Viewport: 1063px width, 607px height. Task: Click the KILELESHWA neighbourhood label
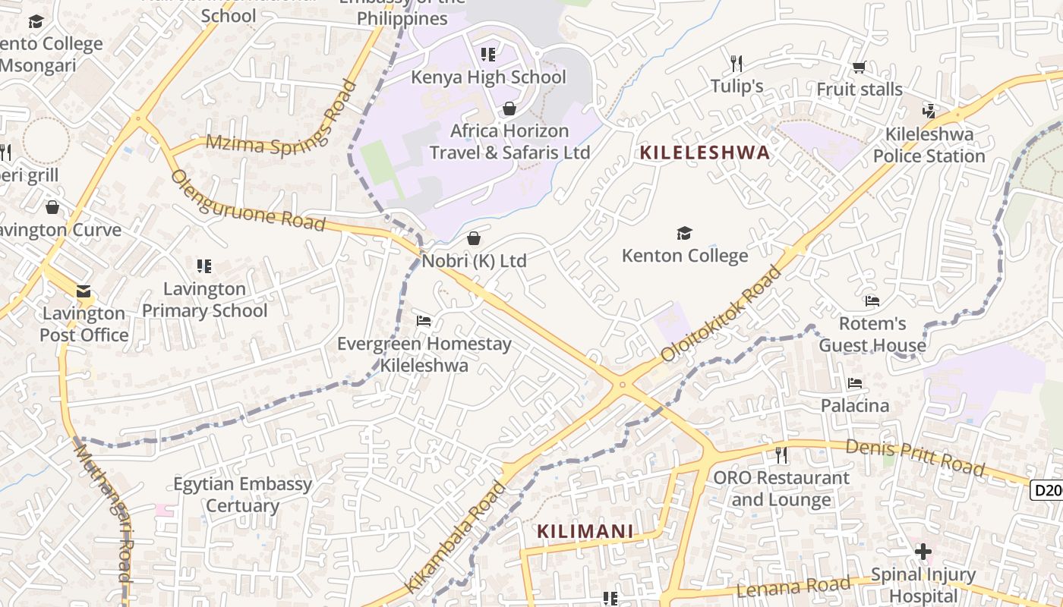pos(705,153)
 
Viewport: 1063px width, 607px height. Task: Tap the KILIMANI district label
pos(585,531)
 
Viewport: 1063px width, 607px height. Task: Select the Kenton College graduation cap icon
pos(684,233)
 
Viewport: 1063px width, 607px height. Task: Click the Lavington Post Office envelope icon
pos(84,291)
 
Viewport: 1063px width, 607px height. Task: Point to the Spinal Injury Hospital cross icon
pos(923,551)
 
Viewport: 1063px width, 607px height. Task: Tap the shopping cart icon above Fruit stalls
pos(859,68)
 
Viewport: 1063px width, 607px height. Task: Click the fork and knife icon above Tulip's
pos(736,63)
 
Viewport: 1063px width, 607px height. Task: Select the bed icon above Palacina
pos(855,383)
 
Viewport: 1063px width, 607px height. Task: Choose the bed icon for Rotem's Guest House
pos(872,301)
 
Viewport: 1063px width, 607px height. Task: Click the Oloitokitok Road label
pos(721,313)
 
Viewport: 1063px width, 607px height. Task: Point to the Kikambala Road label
pos(456,536)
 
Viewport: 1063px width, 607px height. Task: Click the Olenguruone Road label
pos(248,201)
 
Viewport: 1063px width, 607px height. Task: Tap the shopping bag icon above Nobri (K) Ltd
pos(474,239)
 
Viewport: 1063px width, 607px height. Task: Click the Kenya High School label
pos(488,77)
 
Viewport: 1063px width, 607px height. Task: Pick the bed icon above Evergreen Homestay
pos(424,321)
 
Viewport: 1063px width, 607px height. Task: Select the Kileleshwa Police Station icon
pos(929,112)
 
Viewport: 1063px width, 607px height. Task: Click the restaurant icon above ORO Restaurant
pos(780,455)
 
